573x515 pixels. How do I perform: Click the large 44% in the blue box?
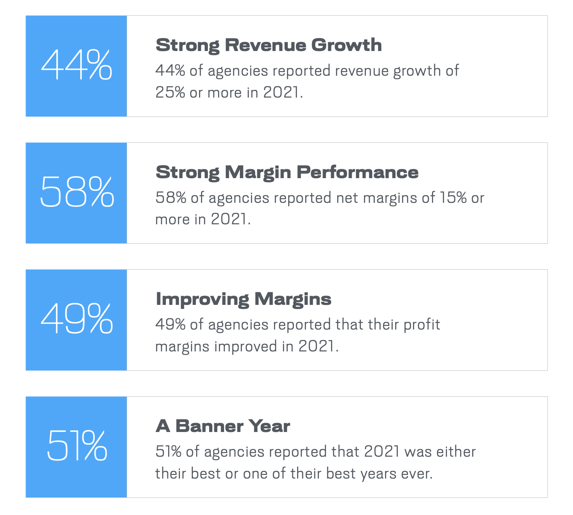(x=77, y=64)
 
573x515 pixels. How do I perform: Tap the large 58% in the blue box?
(x=77, y=191)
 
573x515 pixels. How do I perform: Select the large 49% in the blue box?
(x=77, y=318)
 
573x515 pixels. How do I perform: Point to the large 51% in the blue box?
(x=77, y=445)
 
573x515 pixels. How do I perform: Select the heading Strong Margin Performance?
(x=287, y=173)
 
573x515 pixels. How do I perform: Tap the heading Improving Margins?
(x=244, y=300)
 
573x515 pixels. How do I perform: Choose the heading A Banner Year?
(x=223, y=426)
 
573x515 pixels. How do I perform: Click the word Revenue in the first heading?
(x=266, y=45)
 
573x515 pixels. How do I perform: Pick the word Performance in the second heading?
(x=358, y=173)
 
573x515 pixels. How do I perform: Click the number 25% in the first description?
(x=170, y=92)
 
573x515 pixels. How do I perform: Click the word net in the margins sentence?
(x=347, y=198)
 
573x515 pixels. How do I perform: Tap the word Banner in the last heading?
(x=210, y=426)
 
